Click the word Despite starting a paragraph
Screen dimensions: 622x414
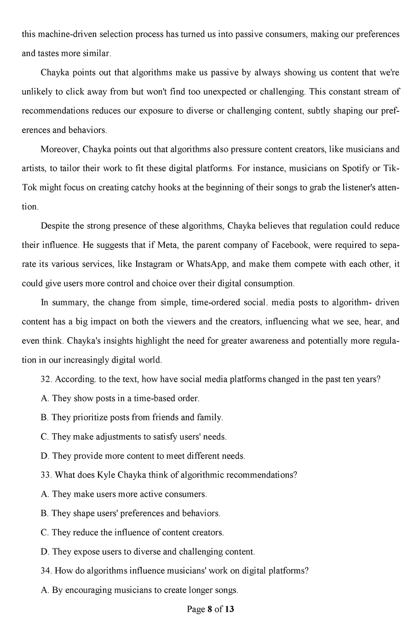click(56, 225)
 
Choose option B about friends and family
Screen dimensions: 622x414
click(132, 418)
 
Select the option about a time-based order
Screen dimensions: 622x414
click(120, 398)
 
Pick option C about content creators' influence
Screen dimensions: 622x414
click(132, 532)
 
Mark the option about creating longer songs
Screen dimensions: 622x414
click(139, 590)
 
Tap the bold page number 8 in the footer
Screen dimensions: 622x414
click(210, 610)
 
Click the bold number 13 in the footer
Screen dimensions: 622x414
click(230, 610)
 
